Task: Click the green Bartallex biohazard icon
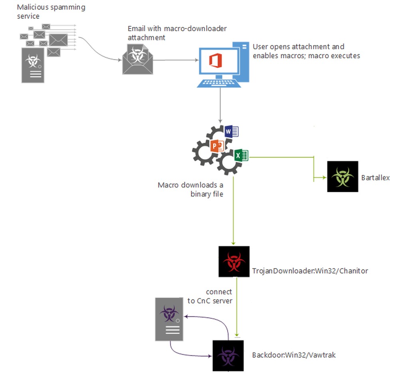coord(342,176)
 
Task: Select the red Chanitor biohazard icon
coord(234,261)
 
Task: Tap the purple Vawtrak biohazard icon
coord(228,355)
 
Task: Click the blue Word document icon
coord(231,131)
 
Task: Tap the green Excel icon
coord(242,156)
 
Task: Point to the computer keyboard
coord(219,83)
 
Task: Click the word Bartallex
coord(375,177)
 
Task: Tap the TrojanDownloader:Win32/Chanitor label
coord(310,271)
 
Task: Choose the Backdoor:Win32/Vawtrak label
coord(294,355)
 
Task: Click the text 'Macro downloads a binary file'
coord(191,189)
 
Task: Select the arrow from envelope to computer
coord(176,60)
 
